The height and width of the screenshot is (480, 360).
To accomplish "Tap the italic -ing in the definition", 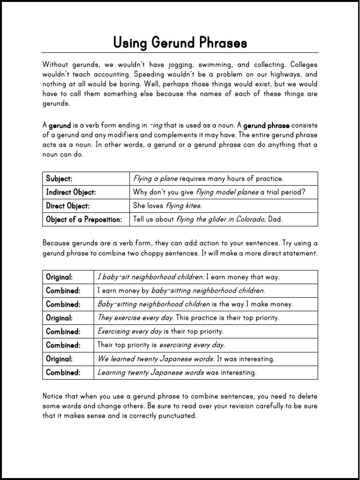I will click(x=157, y=126).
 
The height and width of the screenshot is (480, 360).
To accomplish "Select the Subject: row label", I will click(x=59, y=179).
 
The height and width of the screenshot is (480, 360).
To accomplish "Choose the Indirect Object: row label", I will click(x=71, y=192).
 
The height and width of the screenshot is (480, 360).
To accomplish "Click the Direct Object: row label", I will click(x=67, y=206).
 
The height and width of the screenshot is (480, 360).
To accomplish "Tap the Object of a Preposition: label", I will click(x=84, y=219).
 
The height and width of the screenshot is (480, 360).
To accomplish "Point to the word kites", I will click(x=192, y=206).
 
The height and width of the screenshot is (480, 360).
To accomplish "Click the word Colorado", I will click(x=249, y=219).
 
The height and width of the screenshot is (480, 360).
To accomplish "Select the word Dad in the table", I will click(x=277, y=219).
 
